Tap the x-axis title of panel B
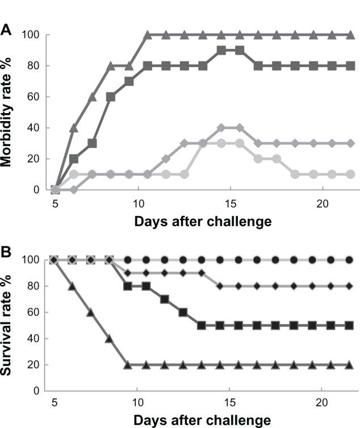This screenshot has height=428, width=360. pos(202,421)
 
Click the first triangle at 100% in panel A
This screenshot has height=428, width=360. pos(148,35)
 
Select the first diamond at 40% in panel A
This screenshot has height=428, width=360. pos(221,127)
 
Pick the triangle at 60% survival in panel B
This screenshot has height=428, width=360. pos(92,312)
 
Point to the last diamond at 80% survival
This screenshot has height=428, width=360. pos(349,286)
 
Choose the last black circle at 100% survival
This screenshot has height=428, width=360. pos(349,260)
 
